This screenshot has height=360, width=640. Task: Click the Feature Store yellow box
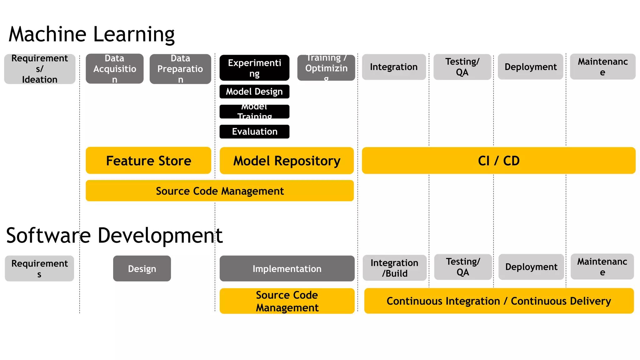pyautogui.click(x=148, y=160)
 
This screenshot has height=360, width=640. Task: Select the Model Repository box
pyautogui.click(x=287, y=161)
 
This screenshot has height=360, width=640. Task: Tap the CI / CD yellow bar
pyautogui.click(x=498, y=161)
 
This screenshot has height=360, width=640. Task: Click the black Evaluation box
pyautogui.click(x=254, y=132)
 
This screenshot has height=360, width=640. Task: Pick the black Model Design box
pyautogui.click(x=254, y=92)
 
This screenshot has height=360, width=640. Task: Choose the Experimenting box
pyautogui.click(x=254, y=68)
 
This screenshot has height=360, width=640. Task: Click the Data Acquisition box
pyautogui.click(x=115, y=69)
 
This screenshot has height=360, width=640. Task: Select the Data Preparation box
pyautogui.click(x=180, y=69)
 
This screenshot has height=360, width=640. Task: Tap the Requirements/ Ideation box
pyautogui.click(x=40, y=69)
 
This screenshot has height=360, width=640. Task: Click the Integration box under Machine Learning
pyautogui.click(x=394, y=67)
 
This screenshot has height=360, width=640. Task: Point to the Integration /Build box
pyautogui.click(x=394, y=268)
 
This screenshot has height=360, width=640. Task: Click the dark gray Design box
pyautogui.click(x=142, y=269)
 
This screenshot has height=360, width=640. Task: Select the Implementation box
pyautogui.click(x=287, y=269)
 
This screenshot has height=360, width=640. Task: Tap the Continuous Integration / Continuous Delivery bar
pyautogui.click(x=499, y=301)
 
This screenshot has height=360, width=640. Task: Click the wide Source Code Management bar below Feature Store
pyautogui.click(x=220, y=191)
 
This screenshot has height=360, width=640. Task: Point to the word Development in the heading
pyautogui.click(x=160, y=236)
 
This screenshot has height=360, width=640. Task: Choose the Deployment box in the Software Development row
pyautogui.click(x=531, y=267)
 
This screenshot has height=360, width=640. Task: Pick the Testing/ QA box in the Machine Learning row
pyautogui.click(x=462, y=67)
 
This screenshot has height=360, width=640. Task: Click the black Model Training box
pyautogui.click(x=254, y=112)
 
